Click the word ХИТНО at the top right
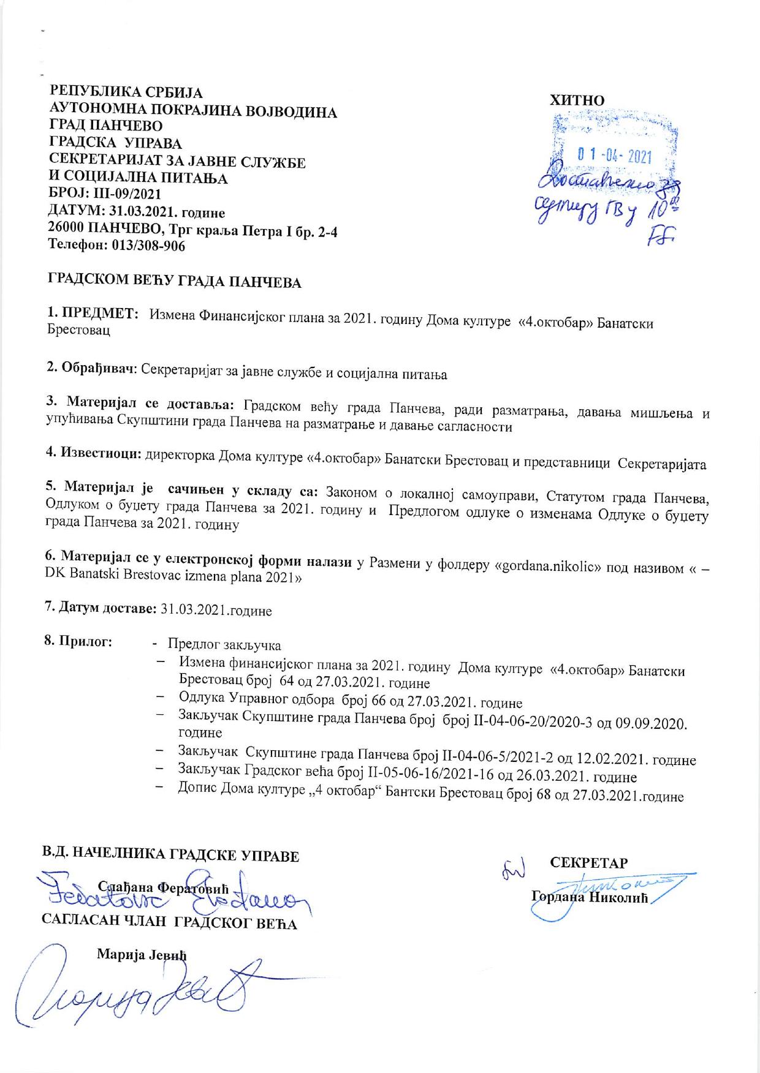click(578, 100)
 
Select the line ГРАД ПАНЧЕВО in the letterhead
click(105, 127)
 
